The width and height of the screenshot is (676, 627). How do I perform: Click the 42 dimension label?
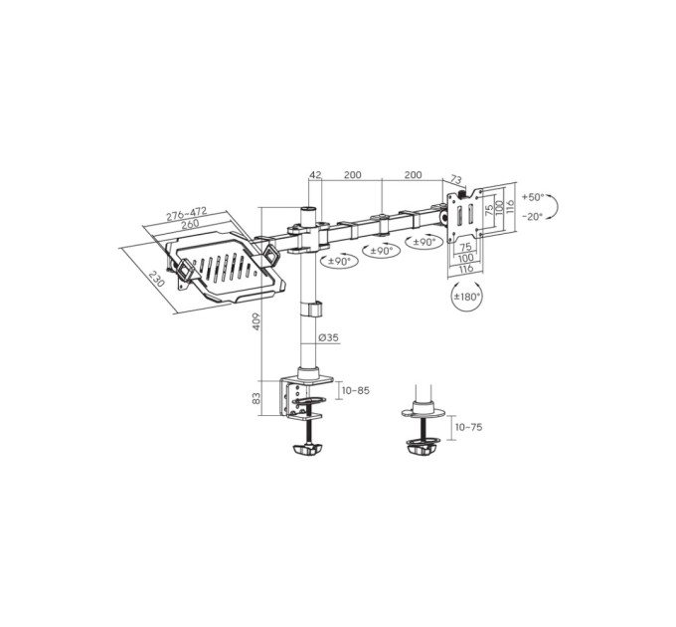coord(315,175)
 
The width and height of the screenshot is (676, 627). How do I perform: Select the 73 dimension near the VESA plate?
coord(455,179)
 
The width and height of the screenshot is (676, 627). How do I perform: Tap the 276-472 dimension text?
coord(187,214)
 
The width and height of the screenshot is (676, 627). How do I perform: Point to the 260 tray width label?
coord(190,224)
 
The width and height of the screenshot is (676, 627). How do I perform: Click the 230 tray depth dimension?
coord(156,280)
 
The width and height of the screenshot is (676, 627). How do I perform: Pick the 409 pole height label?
coord(256,321)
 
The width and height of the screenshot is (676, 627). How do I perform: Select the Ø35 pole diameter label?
coord(328,337)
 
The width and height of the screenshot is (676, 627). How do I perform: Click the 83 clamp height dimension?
coord(256,398)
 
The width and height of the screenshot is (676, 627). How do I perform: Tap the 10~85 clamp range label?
coord(356,390)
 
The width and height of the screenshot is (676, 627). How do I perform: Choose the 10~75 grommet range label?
coord(469,427)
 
